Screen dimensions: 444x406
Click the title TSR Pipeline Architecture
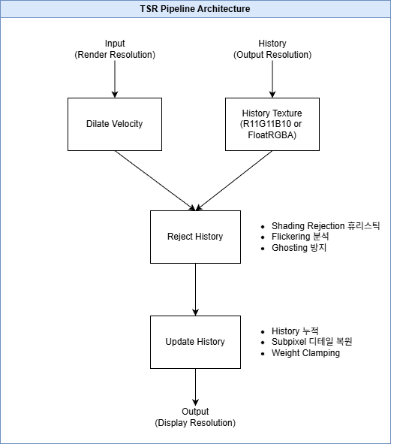pos(195,9)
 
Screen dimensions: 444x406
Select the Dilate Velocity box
pos(115,124)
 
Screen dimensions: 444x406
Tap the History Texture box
pos(272,124)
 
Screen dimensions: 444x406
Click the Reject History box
pos(195,237)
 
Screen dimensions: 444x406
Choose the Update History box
pos(195,342)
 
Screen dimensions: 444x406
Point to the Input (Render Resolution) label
pos(115,49)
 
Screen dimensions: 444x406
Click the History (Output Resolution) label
pos(272,49)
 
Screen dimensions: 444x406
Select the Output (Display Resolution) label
pos(195,417)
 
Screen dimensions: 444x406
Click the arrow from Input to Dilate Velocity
pos(115,79)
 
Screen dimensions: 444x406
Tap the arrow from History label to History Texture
pos(272,79)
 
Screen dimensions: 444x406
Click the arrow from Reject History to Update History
pos(195,289)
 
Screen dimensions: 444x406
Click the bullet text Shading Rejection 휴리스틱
pos(325,225)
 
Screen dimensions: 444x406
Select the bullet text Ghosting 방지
pos(299,248)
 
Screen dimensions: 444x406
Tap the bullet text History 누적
pos(295,331)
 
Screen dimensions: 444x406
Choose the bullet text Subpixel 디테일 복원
pos(311,342)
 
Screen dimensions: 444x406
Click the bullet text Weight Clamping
pos(305,353)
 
